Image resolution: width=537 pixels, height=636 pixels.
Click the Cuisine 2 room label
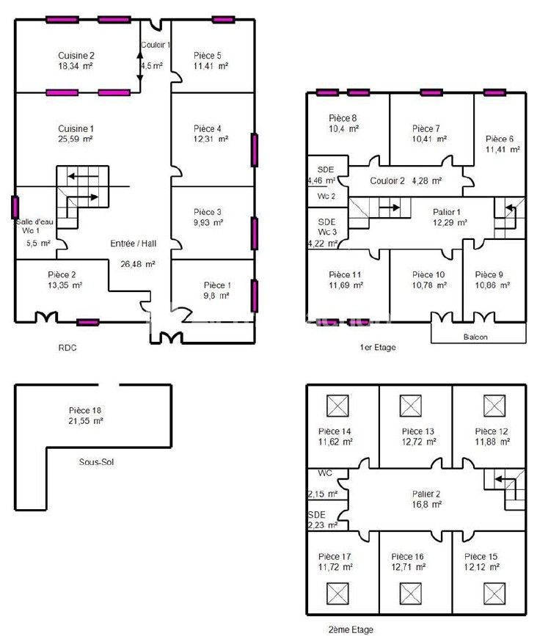tap(76, 55)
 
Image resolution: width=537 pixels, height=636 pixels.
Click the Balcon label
tap(475, 337)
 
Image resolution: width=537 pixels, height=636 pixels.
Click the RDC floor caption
tap(66, 348)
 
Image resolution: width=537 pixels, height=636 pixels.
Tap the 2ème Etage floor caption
tap(351, 629)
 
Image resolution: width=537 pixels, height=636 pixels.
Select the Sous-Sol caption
tap(99, 462)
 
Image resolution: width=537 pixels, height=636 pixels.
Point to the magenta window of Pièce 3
tap(255, 233)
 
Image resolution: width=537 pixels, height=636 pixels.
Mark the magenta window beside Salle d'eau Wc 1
tap(15, 208)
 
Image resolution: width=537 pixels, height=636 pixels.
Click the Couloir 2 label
tap(387, 180)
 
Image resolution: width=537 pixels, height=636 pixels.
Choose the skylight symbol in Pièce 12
tap(492, 405)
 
